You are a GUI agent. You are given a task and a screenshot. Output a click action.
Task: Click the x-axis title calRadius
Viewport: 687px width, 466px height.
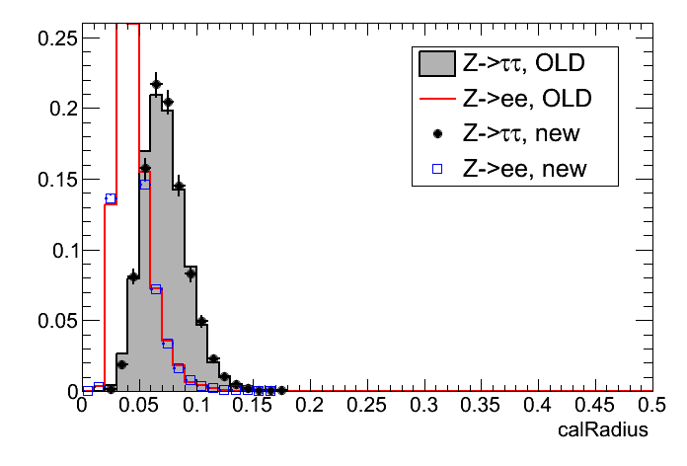[603, 430]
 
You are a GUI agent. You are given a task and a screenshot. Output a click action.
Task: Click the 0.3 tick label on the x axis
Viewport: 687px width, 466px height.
[425, 406]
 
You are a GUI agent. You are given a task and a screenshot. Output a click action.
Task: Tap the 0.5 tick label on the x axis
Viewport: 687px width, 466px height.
[651, 406]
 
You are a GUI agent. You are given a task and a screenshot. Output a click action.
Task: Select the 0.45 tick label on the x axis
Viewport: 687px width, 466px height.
[595, 406]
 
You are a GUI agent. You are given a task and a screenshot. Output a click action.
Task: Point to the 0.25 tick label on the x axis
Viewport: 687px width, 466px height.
[369, 406]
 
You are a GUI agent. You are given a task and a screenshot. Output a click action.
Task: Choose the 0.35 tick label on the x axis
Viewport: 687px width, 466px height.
[482, 406]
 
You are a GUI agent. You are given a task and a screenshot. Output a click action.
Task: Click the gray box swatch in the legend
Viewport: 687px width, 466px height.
[435, 65]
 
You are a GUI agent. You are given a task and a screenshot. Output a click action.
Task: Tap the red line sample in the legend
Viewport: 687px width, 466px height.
[435, 99]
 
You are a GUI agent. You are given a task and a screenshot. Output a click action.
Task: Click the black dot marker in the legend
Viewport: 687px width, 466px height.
[435, 134]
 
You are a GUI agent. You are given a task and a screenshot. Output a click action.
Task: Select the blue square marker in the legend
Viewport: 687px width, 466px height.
[435, 169]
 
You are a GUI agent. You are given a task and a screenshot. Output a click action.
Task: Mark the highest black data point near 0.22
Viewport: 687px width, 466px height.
[156, 84]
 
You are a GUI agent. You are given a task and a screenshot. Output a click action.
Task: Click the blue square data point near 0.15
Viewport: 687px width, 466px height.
[144, 184]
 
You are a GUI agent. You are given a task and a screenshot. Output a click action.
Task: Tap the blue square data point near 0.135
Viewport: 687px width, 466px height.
[111, 198]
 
